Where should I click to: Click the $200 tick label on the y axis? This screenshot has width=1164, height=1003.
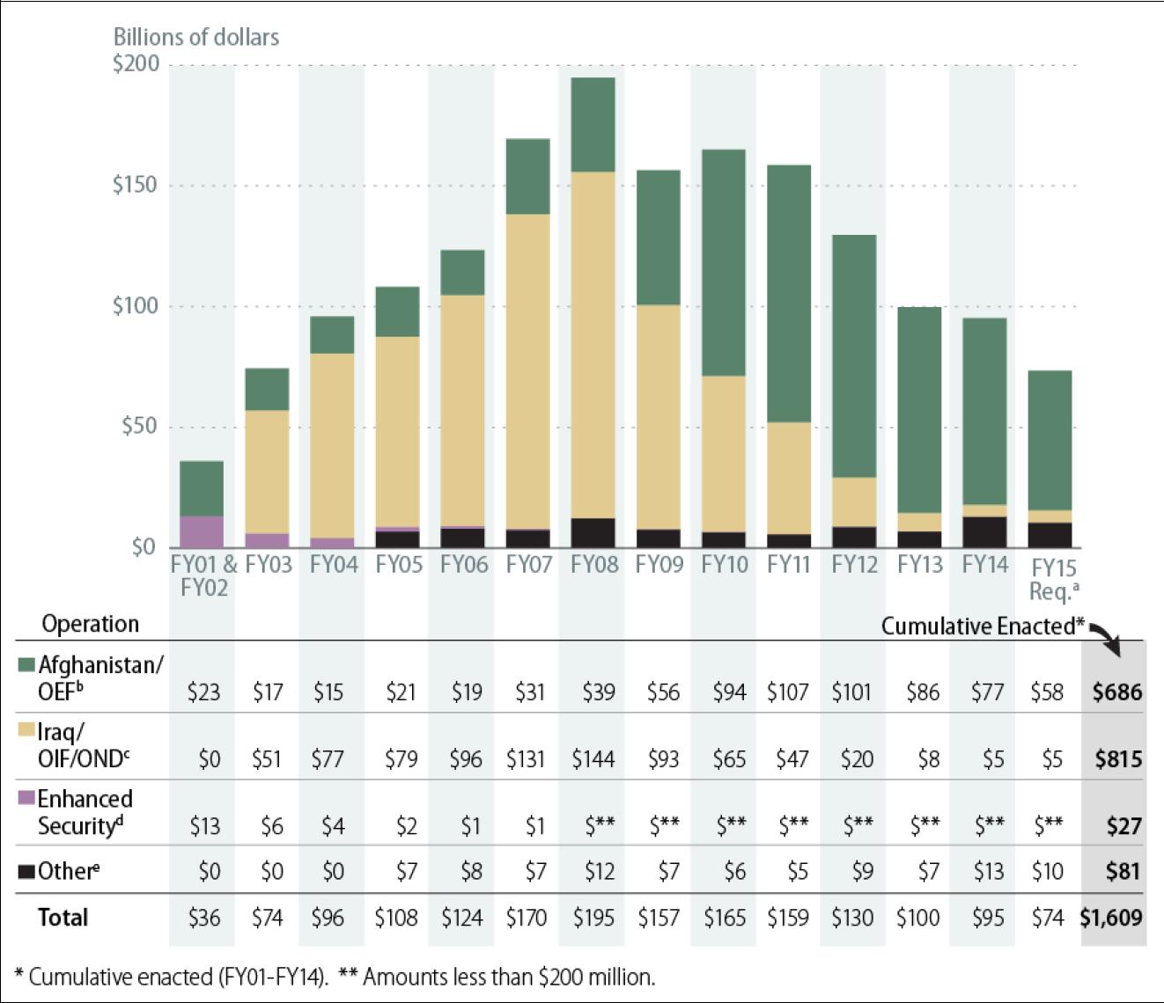(136, 65)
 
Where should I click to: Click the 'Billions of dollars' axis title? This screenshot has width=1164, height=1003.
(196, 37)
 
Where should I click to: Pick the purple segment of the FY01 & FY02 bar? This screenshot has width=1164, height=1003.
(202, 531)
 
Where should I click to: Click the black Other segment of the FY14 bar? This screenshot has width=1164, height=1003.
(984, 532)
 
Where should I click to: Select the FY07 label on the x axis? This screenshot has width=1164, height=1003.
(528, 565)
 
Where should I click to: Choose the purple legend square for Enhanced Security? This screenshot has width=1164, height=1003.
(26, 799)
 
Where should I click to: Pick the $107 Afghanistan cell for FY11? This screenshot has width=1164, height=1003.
(787, 692)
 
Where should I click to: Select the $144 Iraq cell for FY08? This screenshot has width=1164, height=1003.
(593, 758)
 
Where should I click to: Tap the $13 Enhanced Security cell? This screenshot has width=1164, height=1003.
(205, 826)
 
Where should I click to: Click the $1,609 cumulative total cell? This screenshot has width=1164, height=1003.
(1111, 918)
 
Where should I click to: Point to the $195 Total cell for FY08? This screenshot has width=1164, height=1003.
(593, 918)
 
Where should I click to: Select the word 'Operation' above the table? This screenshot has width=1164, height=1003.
(91, 624)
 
